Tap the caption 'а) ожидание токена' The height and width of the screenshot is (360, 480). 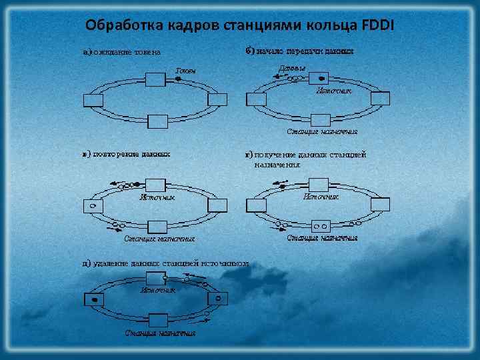pyautogui.click(x=122, y=52)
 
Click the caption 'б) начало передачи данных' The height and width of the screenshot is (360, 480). pyautogui.click(x=299, y=50)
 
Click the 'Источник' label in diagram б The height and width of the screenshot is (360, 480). pyautogui.click(x=333, y=90)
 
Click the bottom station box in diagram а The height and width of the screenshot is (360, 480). pyautogui.click(x=157, y=120)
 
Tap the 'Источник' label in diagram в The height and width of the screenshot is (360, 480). pyautogui.click(x=157, y=197)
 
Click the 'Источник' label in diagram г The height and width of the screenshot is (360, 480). pyautogui.click(x=321, y=197)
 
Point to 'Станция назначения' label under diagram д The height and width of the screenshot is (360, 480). pyautogui.click(x=160, y=333)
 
